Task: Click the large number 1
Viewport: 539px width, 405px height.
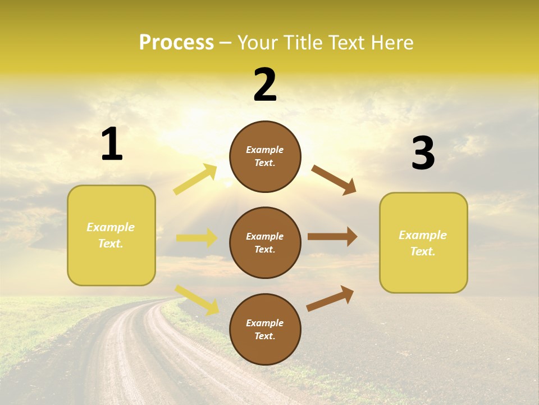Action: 112,145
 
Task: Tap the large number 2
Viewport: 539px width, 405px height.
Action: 265,85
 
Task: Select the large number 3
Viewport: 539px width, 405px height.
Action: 423,153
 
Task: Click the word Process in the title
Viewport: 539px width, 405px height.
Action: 176,42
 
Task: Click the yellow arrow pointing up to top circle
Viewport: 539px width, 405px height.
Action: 195,179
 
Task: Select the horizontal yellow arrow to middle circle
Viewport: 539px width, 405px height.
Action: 197,238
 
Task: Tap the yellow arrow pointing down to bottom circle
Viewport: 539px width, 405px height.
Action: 197,299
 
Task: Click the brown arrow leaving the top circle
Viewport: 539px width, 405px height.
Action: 334,179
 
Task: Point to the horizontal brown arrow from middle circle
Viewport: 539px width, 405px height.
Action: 332,237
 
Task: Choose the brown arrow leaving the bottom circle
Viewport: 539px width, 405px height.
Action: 330,298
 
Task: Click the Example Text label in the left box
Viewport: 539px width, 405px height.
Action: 111,235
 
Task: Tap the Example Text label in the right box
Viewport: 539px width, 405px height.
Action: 423,243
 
